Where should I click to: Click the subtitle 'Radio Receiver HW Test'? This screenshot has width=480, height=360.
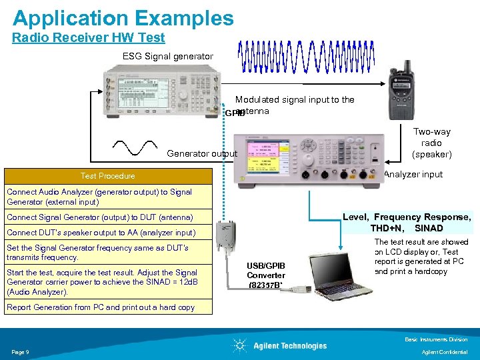(x=88, y=38)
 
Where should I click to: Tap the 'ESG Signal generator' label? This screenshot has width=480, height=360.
(x=167, y=56)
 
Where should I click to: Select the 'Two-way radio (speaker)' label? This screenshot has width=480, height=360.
(x=431, y=143)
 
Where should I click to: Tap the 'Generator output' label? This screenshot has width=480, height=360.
(x=201, y=154)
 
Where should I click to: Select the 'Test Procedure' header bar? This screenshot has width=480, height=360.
(x=107, y=176)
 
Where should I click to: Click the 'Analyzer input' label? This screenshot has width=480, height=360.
(x=413, y=175)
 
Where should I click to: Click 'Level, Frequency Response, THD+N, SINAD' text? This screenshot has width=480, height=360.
(x=406, y=222)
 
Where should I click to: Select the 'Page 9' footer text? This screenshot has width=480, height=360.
(x=19, y=351)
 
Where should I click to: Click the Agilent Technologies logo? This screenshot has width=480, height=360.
(x=280, y=345)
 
